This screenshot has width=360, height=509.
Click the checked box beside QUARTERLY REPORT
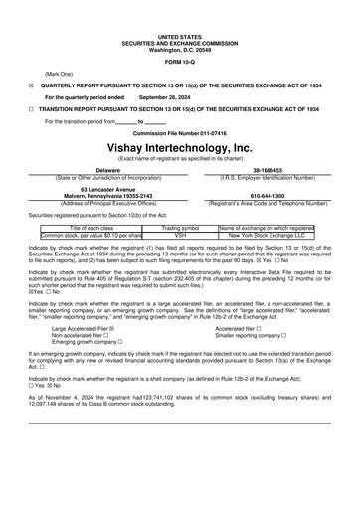pyautogui.click(x=32, y=86)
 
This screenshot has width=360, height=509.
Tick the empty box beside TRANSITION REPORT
pyautogui.click(x=32, y=110)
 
